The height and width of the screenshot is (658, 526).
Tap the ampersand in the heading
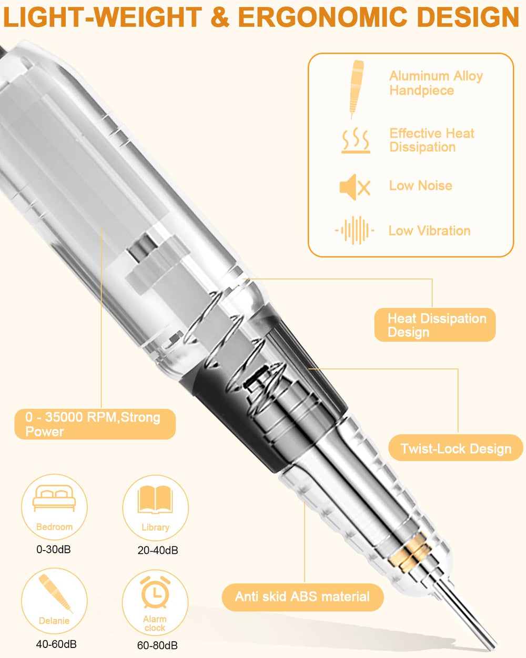pyautogui.click(x=220, y=17)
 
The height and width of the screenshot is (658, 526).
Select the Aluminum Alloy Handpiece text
pyautogui.click(x=436, y=83)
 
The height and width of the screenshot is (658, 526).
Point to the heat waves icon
pyautogui.click(x=356, y=140)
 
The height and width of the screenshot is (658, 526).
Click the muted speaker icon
pyautogui.click(x=355, y=187)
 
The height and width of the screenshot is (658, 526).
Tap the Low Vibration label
pyautogui.click(x=429, y=231)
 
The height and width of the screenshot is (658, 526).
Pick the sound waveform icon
pyautogui.click(x=355, y=230)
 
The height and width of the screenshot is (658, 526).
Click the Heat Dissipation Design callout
pyautogui.click(x=435, y=325)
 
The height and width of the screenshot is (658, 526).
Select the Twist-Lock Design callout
pyautogui.click(x=456, y=448)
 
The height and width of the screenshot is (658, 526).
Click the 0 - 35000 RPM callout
pyautogui.click(x=95, y=424)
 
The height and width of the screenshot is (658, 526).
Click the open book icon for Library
pyautogui.click(x=155, y=500)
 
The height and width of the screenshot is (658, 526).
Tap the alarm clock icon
pyautogui.click(x=155, y=592)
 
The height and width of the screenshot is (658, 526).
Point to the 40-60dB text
pyautogui.click(x=56, y=644)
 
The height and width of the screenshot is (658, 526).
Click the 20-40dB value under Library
pyautogui.click(x=158, y=551)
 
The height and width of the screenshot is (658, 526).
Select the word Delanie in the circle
pyautogui.click(x=54, y=621)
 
